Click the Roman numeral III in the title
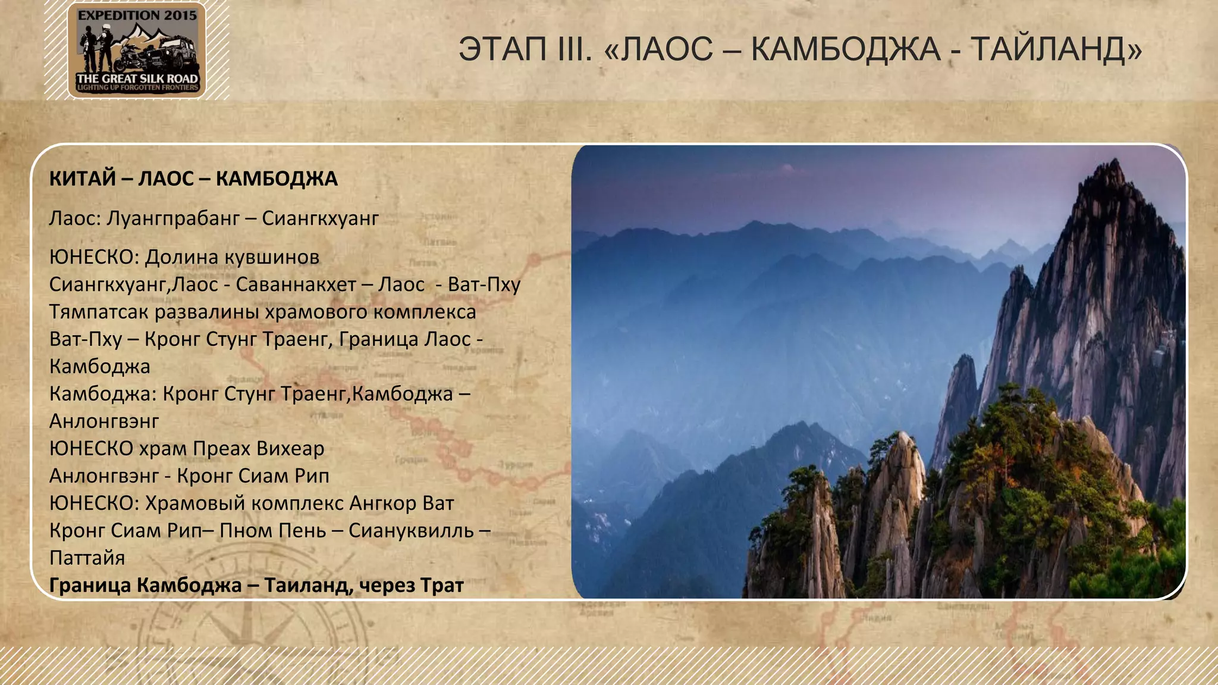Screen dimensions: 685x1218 coord(576,49)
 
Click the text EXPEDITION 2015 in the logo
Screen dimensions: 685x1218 coord(137,16)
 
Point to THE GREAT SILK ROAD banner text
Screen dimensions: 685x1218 coord(137,79)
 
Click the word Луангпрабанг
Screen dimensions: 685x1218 coord(173,218)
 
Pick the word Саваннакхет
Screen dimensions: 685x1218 coord(296,284)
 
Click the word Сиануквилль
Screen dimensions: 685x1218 coord(411,530)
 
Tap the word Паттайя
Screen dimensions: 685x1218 coord(87,558)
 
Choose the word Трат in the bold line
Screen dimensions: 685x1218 coord(441,585)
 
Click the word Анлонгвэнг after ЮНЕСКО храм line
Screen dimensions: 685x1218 coord(104,476)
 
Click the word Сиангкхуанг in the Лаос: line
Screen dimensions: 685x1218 coord(320,218)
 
